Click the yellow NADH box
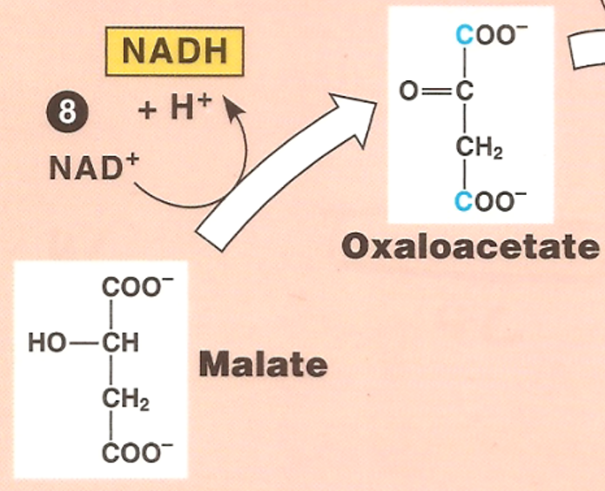click(175, 51)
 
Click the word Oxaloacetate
click(471, 246)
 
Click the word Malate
click(264, 363)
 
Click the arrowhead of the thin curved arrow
click(231, 107)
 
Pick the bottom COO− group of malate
click(134, 454)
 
